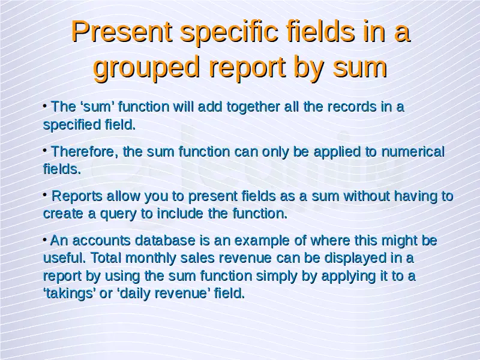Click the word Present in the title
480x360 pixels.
[122, 32]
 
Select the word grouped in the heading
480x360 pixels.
[146, 68]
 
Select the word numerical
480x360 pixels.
[413, 152]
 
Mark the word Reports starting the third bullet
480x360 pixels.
[77, 197]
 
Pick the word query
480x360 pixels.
[118, 214]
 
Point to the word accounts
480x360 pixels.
[101, 241]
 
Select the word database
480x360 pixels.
[165, 241]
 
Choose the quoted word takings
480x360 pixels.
[69, 293]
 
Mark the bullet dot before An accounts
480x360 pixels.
[45, 239]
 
